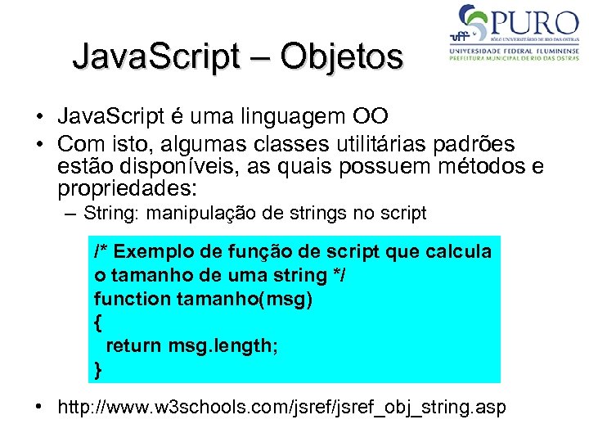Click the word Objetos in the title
pyautogui.click(x=342, y=57)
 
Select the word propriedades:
pyautogui.click(x=128, y=190)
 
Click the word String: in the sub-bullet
pyautogui.click(x=110, y=214)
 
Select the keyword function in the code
pyautogui.click(x=132, y=299)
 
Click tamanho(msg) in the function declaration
pyautogui.click(x=245, y=299)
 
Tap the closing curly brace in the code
pyautogui.click(x=98, y=370)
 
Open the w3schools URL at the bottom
pyautogui.click(x=281, y=407)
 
